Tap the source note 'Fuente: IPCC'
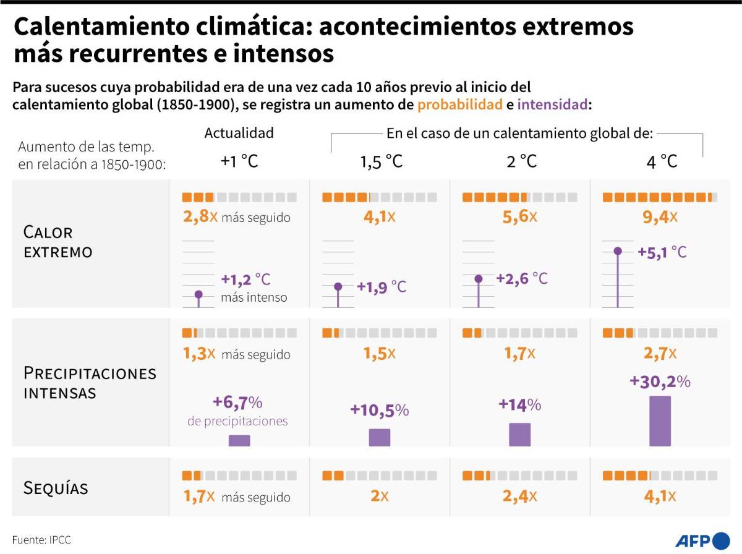(41, 540)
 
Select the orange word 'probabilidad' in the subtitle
(459, 104)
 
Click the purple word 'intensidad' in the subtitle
(553, 104)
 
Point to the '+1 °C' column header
(239, 161)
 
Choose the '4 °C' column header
(661, 161)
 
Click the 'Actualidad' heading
(239, 133)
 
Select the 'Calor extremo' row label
(58, 242)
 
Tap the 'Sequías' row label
(56, 488)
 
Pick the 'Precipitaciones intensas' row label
(90, 383)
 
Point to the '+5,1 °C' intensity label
(662, 252)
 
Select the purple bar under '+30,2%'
(660, 420)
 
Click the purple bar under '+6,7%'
(239, 440)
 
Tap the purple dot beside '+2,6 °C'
(478, 279)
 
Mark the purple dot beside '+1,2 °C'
(198, 294)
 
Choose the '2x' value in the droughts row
(379, 496)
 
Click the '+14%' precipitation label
(519, 405)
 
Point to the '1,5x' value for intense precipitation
(379, 354)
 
